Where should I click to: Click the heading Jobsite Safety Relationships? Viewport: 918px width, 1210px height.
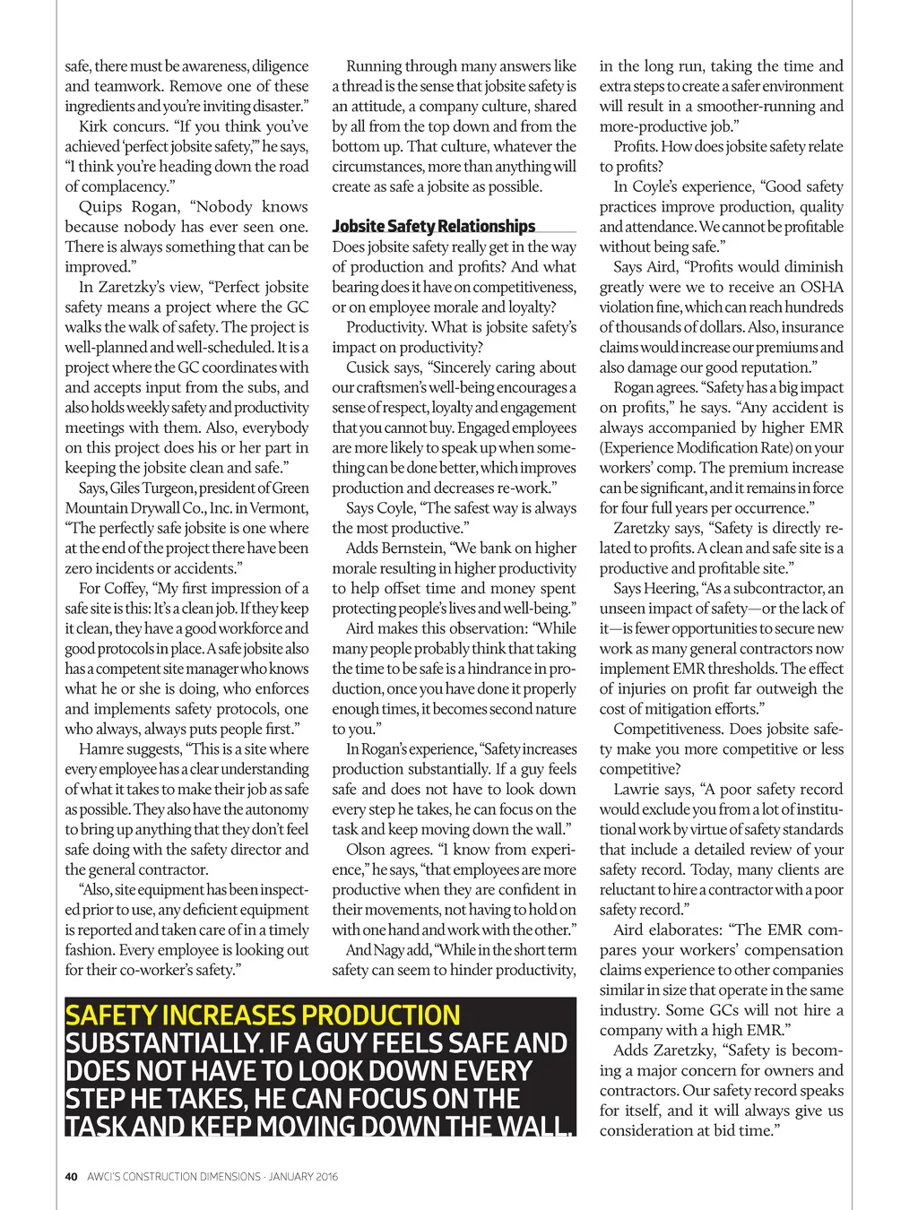tap(433, 226)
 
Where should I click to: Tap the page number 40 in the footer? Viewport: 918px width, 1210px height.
tap(71, 1176)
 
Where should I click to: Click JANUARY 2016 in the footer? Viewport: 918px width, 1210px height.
tap(303, 1176)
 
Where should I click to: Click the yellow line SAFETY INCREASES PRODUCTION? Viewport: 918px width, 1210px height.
tap(263, 1015)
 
